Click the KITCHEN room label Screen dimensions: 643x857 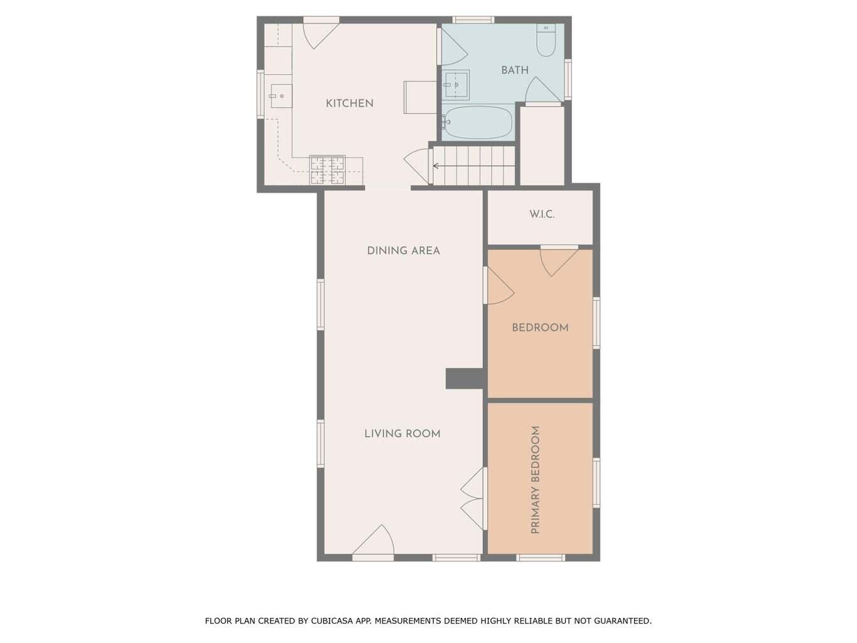pos(349,104)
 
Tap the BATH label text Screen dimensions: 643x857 pos(515,70)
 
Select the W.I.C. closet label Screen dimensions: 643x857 pos(542,215)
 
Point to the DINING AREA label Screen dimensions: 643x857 pos(403,251)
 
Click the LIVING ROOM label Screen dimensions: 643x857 pos(402,433)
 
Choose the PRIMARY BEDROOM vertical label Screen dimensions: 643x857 pos(536,480)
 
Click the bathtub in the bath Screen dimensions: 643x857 pos(477,123)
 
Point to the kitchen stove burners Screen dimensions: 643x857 pos(327,170)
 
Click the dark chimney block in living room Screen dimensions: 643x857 pos(465,379)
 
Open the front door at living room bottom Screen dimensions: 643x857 pos(374,544)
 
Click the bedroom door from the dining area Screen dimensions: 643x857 pos(499,287)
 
